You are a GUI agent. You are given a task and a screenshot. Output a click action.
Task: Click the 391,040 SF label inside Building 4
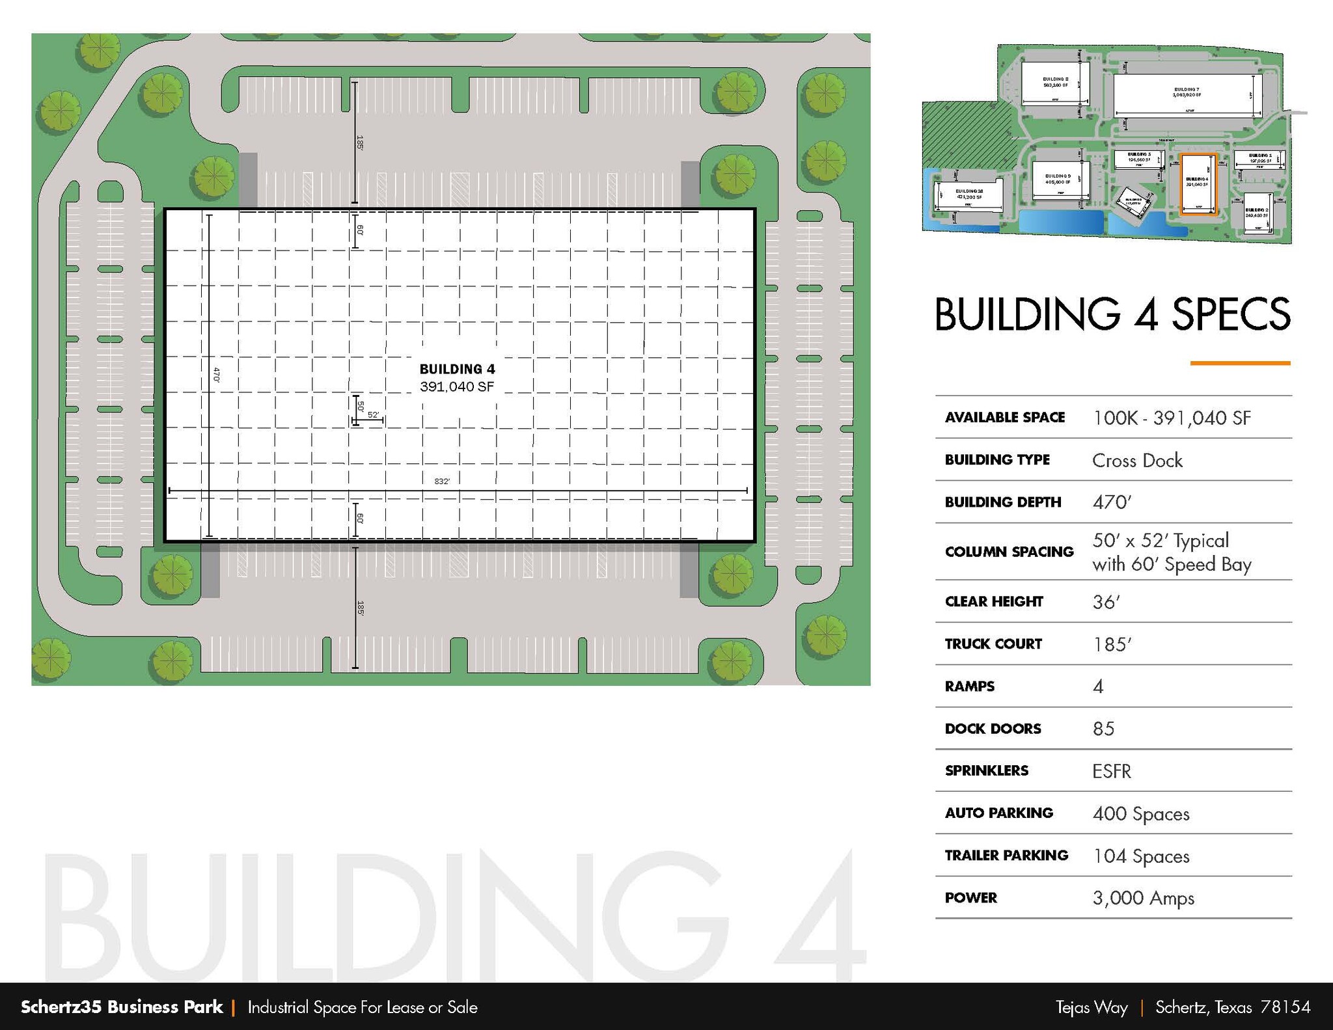[x=457, y=386]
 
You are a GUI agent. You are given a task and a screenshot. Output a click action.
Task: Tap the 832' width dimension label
[x=442, y=481]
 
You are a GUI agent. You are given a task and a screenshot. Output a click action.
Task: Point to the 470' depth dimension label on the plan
[x=217, y=375]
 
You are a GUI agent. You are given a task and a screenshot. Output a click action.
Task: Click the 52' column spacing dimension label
[x=373, y=414]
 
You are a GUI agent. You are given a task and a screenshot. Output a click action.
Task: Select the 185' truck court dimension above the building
[x=359, y=142]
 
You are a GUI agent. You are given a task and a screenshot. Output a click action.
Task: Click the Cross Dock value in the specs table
[x=1137, y=461]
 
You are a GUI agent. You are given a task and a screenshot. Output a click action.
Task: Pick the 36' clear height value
[x=1106, y=602]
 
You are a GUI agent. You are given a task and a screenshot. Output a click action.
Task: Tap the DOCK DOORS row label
[x=993, y=729]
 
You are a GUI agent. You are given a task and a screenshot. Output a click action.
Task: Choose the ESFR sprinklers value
[x=1112, y=772]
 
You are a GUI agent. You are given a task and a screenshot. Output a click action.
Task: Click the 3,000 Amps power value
[x=1143, y=899]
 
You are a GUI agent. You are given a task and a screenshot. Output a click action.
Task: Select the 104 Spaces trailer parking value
[x=1141, y=856]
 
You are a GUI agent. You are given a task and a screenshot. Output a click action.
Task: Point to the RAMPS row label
[x=969, y=686]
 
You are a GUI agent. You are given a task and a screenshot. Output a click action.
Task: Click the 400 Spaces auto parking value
[x=1141, y=814]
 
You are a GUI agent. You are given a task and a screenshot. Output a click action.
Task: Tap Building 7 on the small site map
[x=1187, y=93]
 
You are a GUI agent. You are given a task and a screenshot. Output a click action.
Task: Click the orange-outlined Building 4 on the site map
[x=1198, y=184]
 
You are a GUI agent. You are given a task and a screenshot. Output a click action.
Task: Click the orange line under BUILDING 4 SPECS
[x=1240, y=363]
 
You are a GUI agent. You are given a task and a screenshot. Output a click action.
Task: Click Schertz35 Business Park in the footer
[x=122, y=1007]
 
